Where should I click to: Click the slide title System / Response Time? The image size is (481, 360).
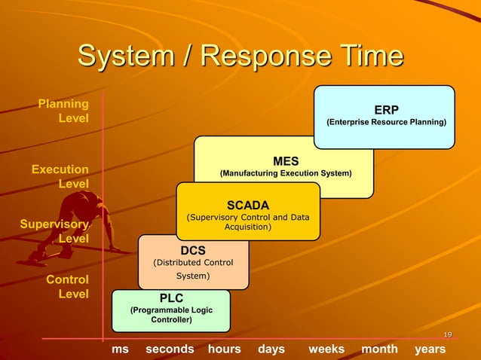point(240,57)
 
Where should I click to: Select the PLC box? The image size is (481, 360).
point(171,310)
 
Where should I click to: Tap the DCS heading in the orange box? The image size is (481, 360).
point(193,250)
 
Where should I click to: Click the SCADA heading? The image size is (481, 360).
point(248,205)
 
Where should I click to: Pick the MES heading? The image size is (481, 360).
point(286,161)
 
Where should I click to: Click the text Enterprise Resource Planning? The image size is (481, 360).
point(386,122)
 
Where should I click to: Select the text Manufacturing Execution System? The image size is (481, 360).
point(286,173)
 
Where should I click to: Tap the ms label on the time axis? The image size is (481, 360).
point(120,349)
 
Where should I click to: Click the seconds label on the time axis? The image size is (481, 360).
point(170,349)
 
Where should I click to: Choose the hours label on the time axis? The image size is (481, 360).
point(224,349)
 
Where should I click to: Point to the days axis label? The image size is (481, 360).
point(271,349)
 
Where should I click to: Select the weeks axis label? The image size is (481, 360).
point(326,349)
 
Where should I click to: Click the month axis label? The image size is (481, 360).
point(380,349)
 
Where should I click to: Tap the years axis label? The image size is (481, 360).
point(430,349)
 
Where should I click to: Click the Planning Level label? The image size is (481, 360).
point(64,111)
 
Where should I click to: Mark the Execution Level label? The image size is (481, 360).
point(60,176)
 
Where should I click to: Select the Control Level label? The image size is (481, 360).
point(68,286)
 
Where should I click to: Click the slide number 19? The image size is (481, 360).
point(447,335)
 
